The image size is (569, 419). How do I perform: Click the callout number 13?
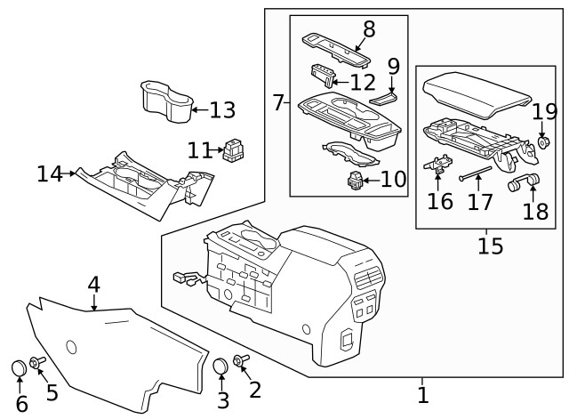click(222, 110)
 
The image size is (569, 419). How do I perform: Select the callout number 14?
click(50, 173)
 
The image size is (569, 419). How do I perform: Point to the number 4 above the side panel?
click(93, 286)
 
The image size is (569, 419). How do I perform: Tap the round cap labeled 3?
click(221, 366)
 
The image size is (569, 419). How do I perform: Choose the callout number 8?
click(368, 29)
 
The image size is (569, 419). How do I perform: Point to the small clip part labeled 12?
click(323, 77)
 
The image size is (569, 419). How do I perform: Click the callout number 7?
click(278, 103)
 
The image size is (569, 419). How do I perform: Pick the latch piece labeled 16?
click(437, 165)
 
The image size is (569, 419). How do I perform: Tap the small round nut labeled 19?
click(543, 142)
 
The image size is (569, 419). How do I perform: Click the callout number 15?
click(491, 245)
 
